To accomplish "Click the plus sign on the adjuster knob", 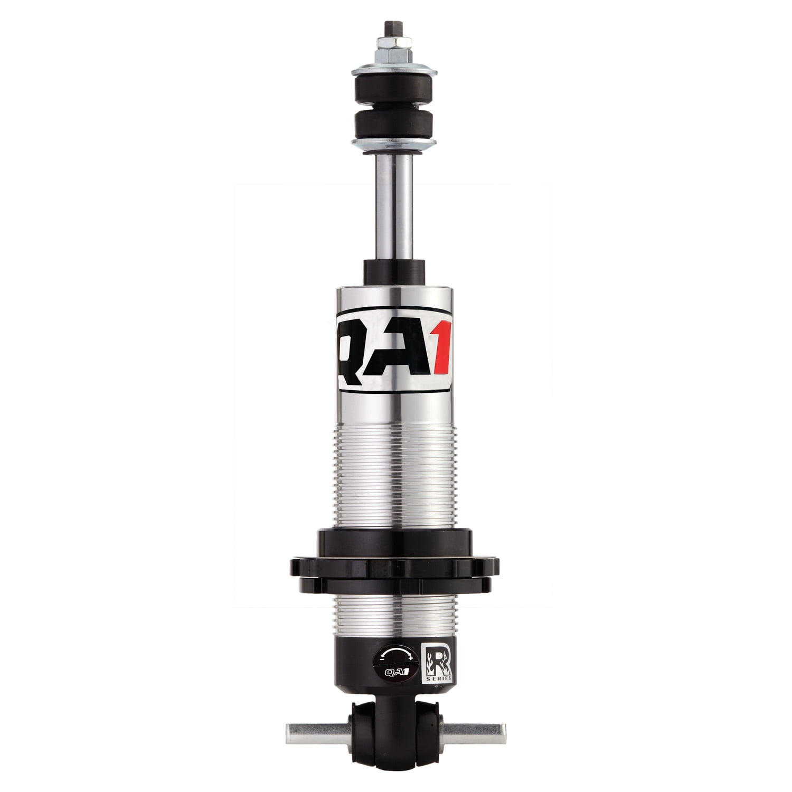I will click(x=411, y=658).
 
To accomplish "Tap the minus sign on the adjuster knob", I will click(x=382, y=659).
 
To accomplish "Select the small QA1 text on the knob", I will click(x=397, y=674).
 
